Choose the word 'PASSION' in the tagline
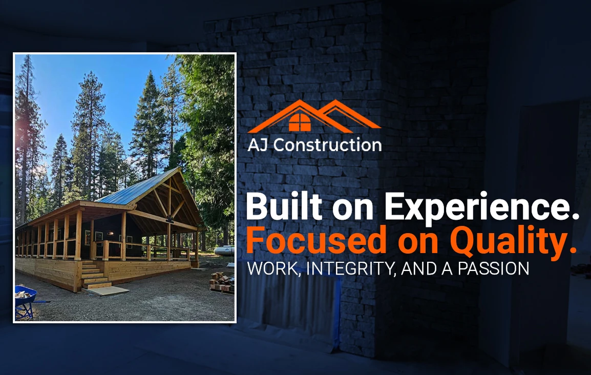coord(493,269)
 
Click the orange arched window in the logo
coord(300,122)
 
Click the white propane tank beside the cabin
coord(224,250)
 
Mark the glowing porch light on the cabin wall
coord(110,233)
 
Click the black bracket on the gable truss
coord(170,219)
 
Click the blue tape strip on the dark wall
coord(338,309)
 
